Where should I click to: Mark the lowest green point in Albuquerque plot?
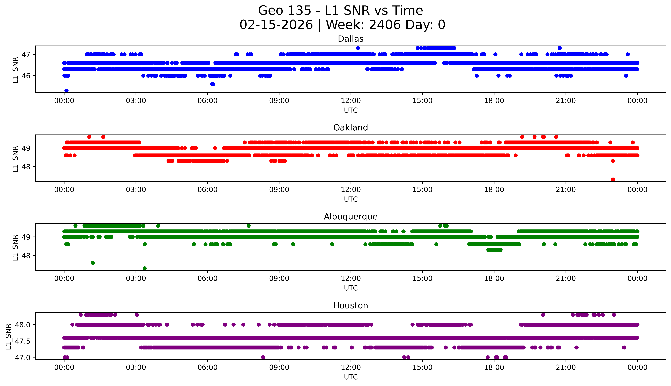[145, 268]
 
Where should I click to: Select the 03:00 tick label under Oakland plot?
[136, 190]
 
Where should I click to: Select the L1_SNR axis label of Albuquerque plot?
[15, 247]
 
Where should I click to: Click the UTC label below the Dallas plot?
[351, 110]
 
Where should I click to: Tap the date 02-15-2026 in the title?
[276, 25]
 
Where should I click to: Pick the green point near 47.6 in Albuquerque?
[93, 263]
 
